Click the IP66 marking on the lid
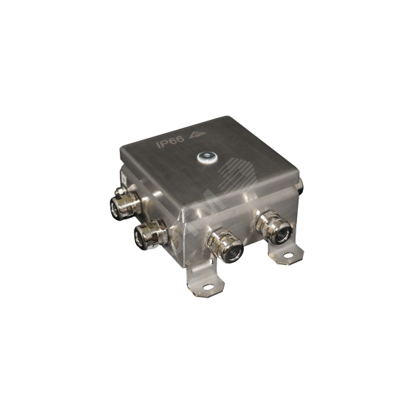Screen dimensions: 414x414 170,142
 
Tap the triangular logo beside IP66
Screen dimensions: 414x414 198,135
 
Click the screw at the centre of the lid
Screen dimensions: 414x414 207,158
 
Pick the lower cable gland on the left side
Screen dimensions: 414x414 150,235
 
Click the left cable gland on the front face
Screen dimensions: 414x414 224,246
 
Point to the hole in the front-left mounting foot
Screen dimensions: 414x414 208,287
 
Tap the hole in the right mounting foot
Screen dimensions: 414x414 288,256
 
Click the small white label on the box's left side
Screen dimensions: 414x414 123,179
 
